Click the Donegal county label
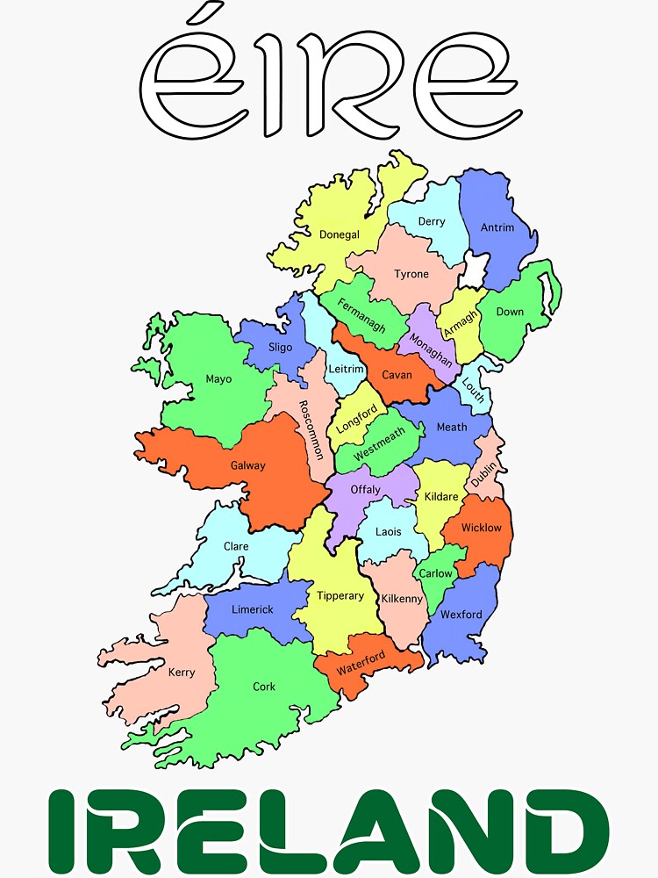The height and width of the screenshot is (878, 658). pos(340,234)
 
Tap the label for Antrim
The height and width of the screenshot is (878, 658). pos(497,227)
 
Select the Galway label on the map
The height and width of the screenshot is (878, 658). pos(247,465)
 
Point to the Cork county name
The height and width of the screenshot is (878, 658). pos(264,687)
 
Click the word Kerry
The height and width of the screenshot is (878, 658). pos(182,673)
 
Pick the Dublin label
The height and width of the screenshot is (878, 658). pos(483,475)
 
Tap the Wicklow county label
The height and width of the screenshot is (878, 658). pos(482,528)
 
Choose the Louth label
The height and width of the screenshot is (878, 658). pos(472,390)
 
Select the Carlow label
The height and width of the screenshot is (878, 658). pos(435,573)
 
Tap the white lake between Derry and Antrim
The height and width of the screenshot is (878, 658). pos(475,270)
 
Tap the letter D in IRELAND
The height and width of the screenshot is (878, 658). pos(564,831)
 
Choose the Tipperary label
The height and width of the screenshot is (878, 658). pos(340,596)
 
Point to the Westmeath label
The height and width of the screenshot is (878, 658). pos(379,445)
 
